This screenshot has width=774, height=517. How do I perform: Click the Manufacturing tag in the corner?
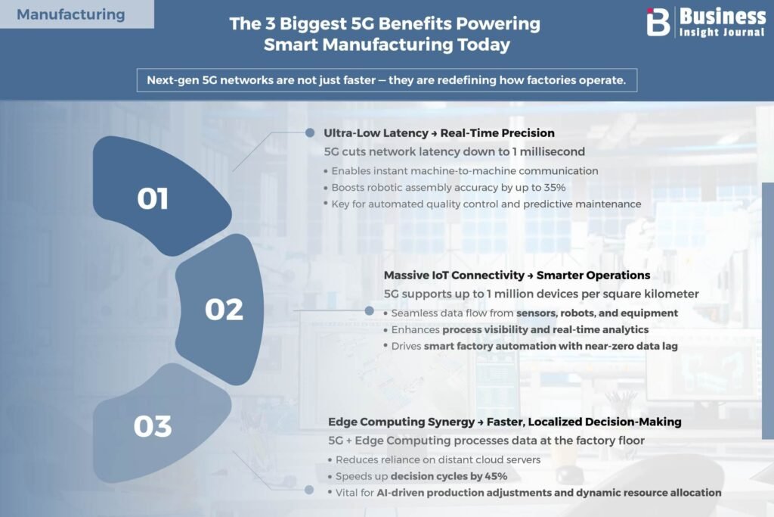pyautogui.click(x=70, y=14)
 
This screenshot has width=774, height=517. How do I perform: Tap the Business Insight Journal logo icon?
pyautogui.click(x=658, y=22)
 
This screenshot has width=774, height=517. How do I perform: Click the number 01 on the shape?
pyautogui.click(x=153, y=198)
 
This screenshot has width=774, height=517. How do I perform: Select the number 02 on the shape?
pyautogui.click(x=224, y=310)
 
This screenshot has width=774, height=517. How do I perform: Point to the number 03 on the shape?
pyautogui.click(x=153, y=426)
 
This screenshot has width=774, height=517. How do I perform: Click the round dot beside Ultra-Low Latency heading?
pyautogui.click(x=310, y=132)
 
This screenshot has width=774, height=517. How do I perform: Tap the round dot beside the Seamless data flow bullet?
pyautogui.click(x=369, y=311)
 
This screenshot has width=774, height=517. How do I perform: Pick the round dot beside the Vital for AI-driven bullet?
pyautogui.click(x=309, y=490)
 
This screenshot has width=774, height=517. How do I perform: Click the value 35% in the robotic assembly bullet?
pyautogui.click(x=555, y=187)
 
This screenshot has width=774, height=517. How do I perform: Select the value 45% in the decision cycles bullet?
pyautogui.click(x=497, y=476)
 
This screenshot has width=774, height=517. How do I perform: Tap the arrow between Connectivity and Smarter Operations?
pyautogui.click(x=531, y=276)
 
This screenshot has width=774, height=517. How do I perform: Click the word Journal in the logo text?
pyautogui.click(x=743, y=33)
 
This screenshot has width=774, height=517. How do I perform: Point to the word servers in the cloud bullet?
pyautogui.click(x=524, y=459)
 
